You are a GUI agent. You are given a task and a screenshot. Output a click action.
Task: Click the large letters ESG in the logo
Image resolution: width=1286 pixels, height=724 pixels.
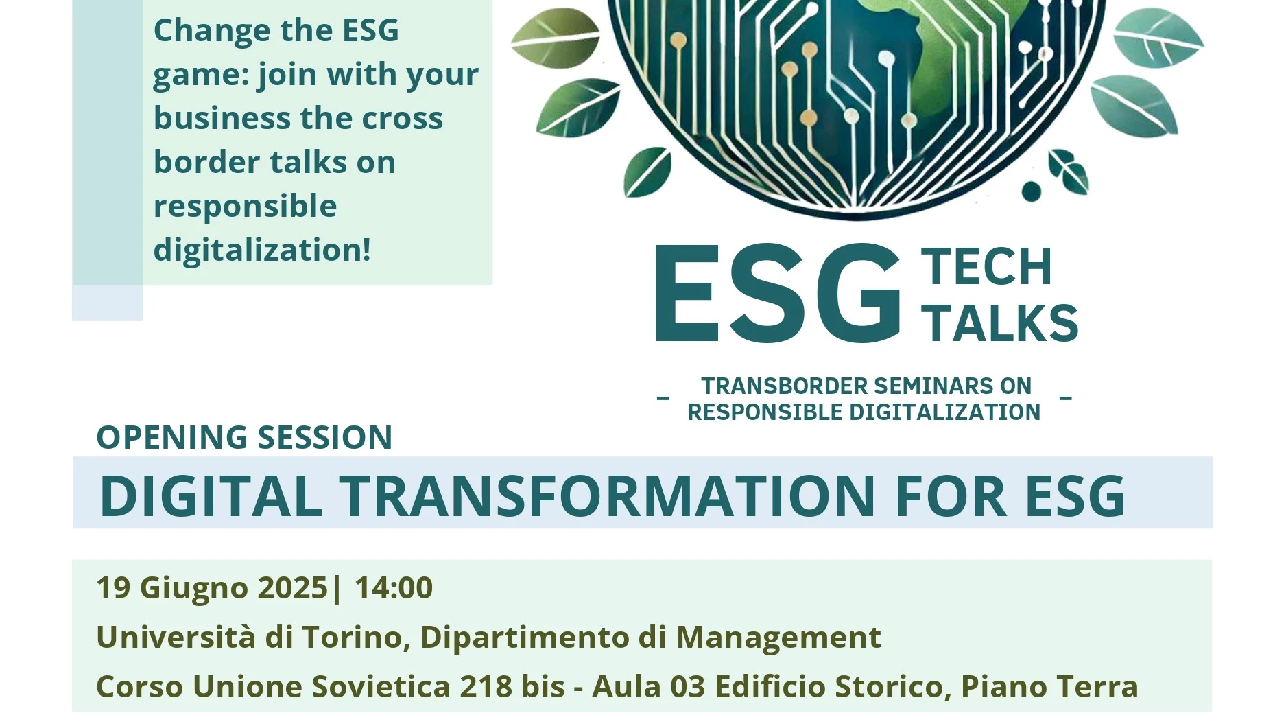(778, 293)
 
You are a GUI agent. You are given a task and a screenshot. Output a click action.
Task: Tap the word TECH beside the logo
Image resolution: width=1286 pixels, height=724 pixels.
(987, 267)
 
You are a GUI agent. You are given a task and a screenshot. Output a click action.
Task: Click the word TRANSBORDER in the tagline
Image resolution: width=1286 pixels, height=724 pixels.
(783, 386)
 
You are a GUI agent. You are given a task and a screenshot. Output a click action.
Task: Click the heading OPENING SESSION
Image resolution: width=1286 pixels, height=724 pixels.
(244, 437)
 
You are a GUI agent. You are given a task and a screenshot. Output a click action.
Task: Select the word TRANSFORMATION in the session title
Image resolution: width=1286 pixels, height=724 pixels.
(607, 495)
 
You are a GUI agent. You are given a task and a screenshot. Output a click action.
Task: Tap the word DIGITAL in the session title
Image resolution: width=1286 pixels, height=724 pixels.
(211, 495)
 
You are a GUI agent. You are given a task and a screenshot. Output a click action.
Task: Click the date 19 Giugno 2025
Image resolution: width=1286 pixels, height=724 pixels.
(212, 588)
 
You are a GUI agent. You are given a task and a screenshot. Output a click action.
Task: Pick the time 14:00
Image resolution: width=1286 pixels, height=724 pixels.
(394, 588)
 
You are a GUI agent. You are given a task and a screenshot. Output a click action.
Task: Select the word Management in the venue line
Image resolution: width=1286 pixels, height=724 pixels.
(778, 638)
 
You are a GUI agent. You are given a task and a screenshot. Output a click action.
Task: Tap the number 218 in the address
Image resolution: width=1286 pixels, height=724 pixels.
(486, 687)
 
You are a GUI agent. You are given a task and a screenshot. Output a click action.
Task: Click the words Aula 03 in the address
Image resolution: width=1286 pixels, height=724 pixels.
(649, 687)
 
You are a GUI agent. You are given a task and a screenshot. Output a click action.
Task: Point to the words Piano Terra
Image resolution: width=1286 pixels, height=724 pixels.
(1049, 687)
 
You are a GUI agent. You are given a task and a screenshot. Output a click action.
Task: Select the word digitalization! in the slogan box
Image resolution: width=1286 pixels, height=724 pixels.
(262, 250)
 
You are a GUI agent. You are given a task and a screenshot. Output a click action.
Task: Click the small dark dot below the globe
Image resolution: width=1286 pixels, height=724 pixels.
(1031, 191)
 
